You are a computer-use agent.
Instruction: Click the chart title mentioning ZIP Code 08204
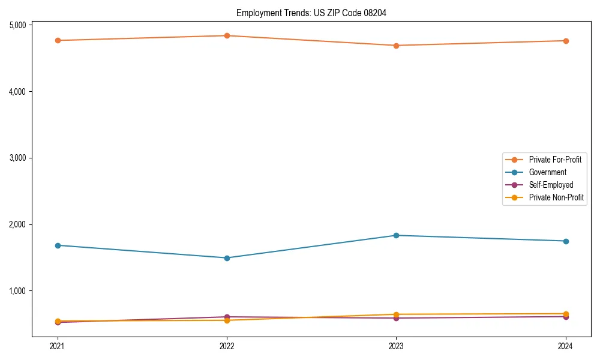tap(307, 13)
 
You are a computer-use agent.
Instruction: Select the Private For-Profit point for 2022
tap(227, 35)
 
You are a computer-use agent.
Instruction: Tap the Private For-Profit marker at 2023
tap(397, 46)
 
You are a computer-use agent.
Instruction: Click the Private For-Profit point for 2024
tap(566, 41)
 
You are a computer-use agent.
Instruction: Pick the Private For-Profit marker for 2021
tap(58, 40)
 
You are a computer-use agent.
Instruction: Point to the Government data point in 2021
tap(58, 245)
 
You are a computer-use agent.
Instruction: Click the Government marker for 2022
tap(227, 258)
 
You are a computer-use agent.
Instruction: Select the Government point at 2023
tap(397, 235)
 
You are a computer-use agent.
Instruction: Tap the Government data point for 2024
tap(566, 241)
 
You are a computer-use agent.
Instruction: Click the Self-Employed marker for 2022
tap(227, 317)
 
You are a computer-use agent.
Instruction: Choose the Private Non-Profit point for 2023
tap(397, 314)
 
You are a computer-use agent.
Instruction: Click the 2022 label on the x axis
tap(227, 346)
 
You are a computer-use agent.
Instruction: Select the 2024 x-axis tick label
tap(566, 346)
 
